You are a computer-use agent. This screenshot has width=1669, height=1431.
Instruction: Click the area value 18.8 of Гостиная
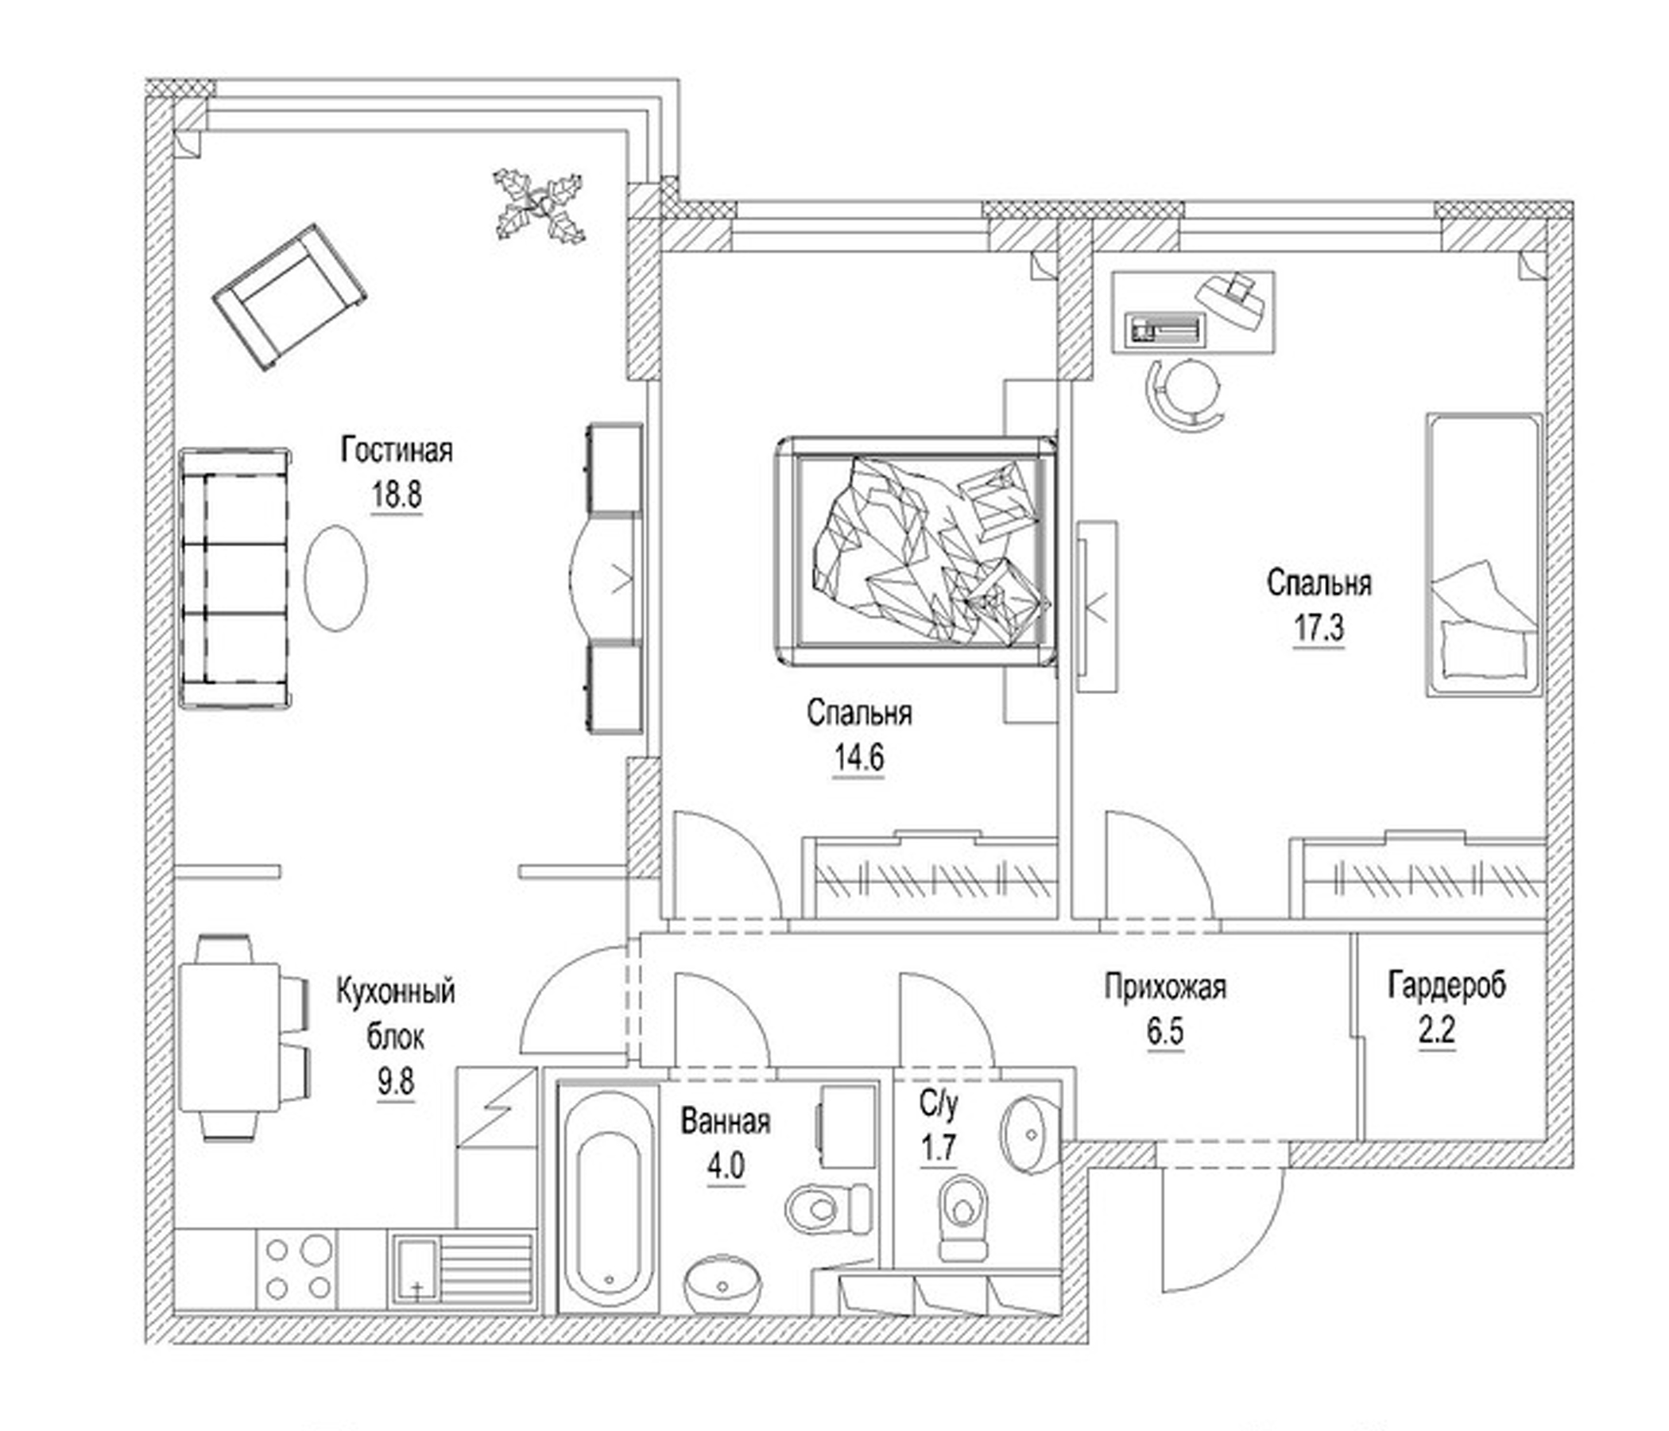[396, 494]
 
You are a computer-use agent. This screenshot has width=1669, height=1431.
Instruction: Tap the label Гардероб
[1446, 986]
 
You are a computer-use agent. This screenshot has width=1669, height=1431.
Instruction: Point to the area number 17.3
[1319, 628]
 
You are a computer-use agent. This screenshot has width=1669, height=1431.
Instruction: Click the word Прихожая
[1165, 987]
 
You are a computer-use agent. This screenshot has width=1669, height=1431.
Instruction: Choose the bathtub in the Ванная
[609, 1199]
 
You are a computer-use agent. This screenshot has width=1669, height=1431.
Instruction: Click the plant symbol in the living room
[539, 204]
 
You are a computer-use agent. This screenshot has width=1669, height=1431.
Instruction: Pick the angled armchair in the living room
[288, 297]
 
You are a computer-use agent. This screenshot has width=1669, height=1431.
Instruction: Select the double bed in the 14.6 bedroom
[916, 552]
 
